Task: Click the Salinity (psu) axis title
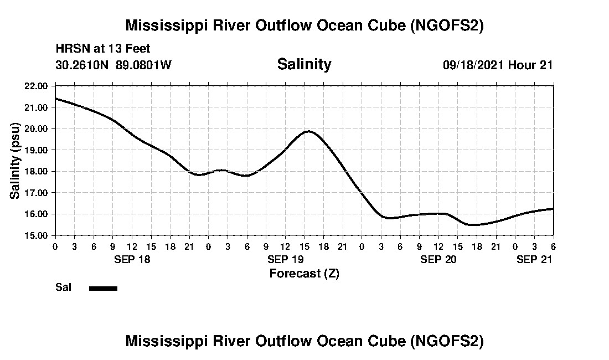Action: [16, 161]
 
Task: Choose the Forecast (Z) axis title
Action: [304, 274]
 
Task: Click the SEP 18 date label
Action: [132, 259]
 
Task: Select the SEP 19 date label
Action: [285, 259]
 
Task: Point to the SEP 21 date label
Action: [534, 259]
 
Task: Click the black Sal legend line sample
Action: [103, 288]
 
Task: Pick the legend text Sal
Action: [63, 287]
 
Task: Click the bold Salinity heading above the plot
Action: [304, 64]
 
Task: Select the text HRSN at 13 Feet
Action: [103, 49]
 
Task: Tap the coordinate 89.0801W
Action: [143, 65]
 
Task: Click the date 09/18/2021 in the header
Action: [473, 65]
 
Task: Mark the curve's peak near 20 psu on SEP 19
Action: [308, 131]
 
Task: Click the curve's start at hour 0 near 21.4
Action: [55, 99]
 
